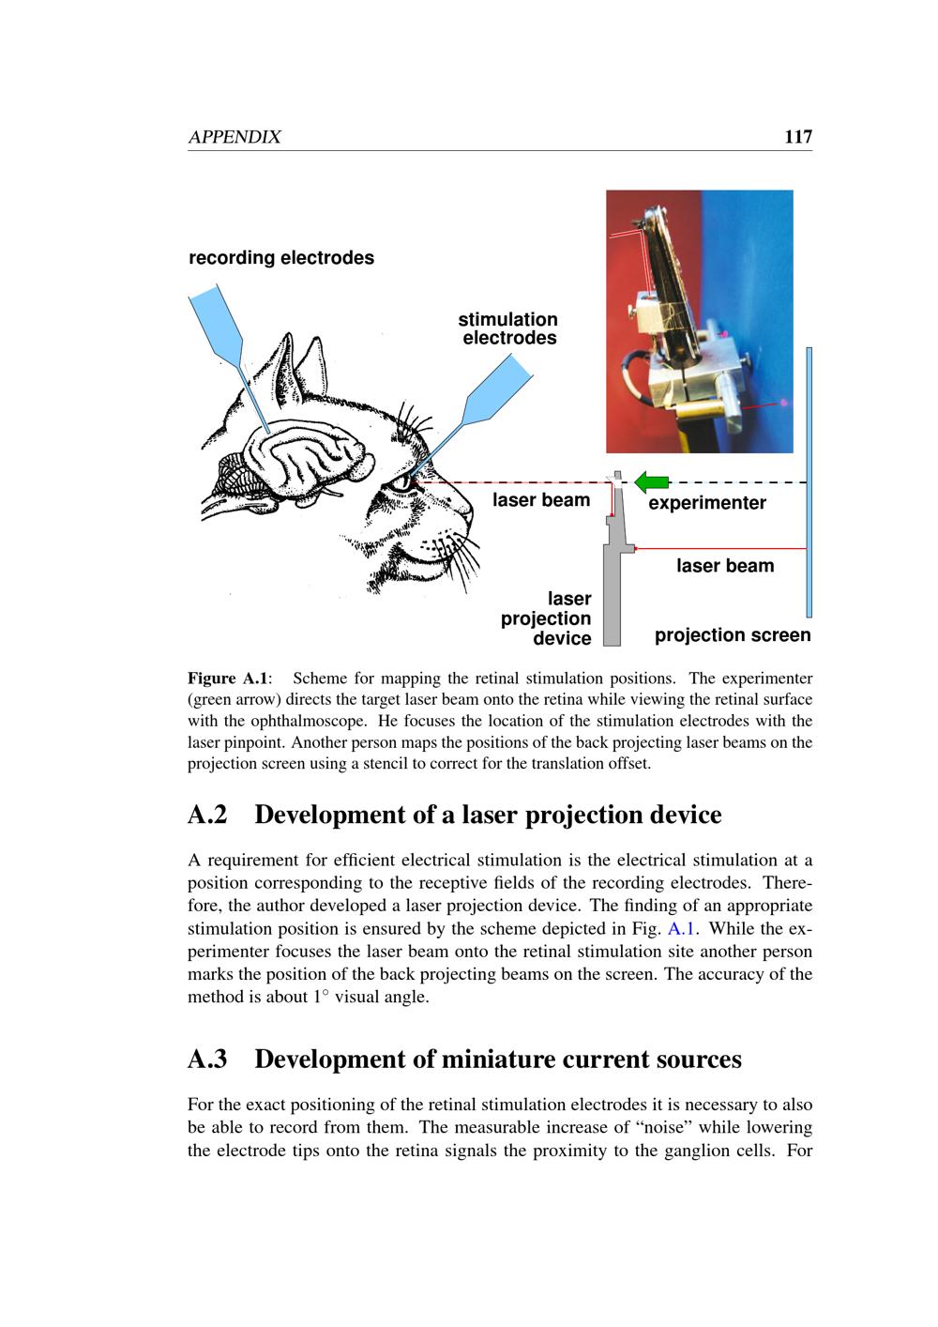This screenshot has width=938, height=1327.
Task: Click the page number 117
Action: click(x=797, y=137)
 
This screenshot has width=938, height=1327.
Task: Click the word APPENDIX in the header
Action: click(x=234, y=137)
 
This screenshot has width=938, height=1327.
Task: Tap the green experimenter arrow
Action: click(x=651, y=482)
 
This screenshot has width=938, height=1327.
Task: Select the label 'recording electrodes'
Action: click(x=281, y=257)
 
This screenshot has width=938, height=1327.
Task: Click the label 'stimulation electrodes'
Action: click(x=508, y=328)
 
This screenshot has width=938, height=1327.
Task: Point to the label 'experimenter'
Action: click(x=707, y=503)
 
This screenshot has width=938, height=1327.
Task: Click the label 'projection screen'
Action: click(x=733, y=635)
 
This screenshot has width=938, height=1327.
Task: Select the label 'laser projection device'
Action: click(x=547, y=618)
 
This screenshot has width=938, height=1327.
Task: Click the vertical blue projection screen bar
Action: click(x=809, y=469)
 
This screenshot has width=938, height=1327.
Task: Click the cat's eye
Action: click(x=401, y=483)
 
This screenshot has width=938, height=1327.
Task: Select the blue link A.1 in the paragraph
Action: click(x=677, y=929)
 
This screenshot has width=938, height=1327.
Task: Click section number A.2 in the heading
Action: click(x=207, y=815)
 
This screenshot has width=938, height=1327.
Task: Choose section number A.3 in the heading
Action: click(x=207, y=1059)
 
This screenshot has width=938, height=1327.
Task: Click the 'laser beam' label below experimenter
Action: click(x=725, y=566)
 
